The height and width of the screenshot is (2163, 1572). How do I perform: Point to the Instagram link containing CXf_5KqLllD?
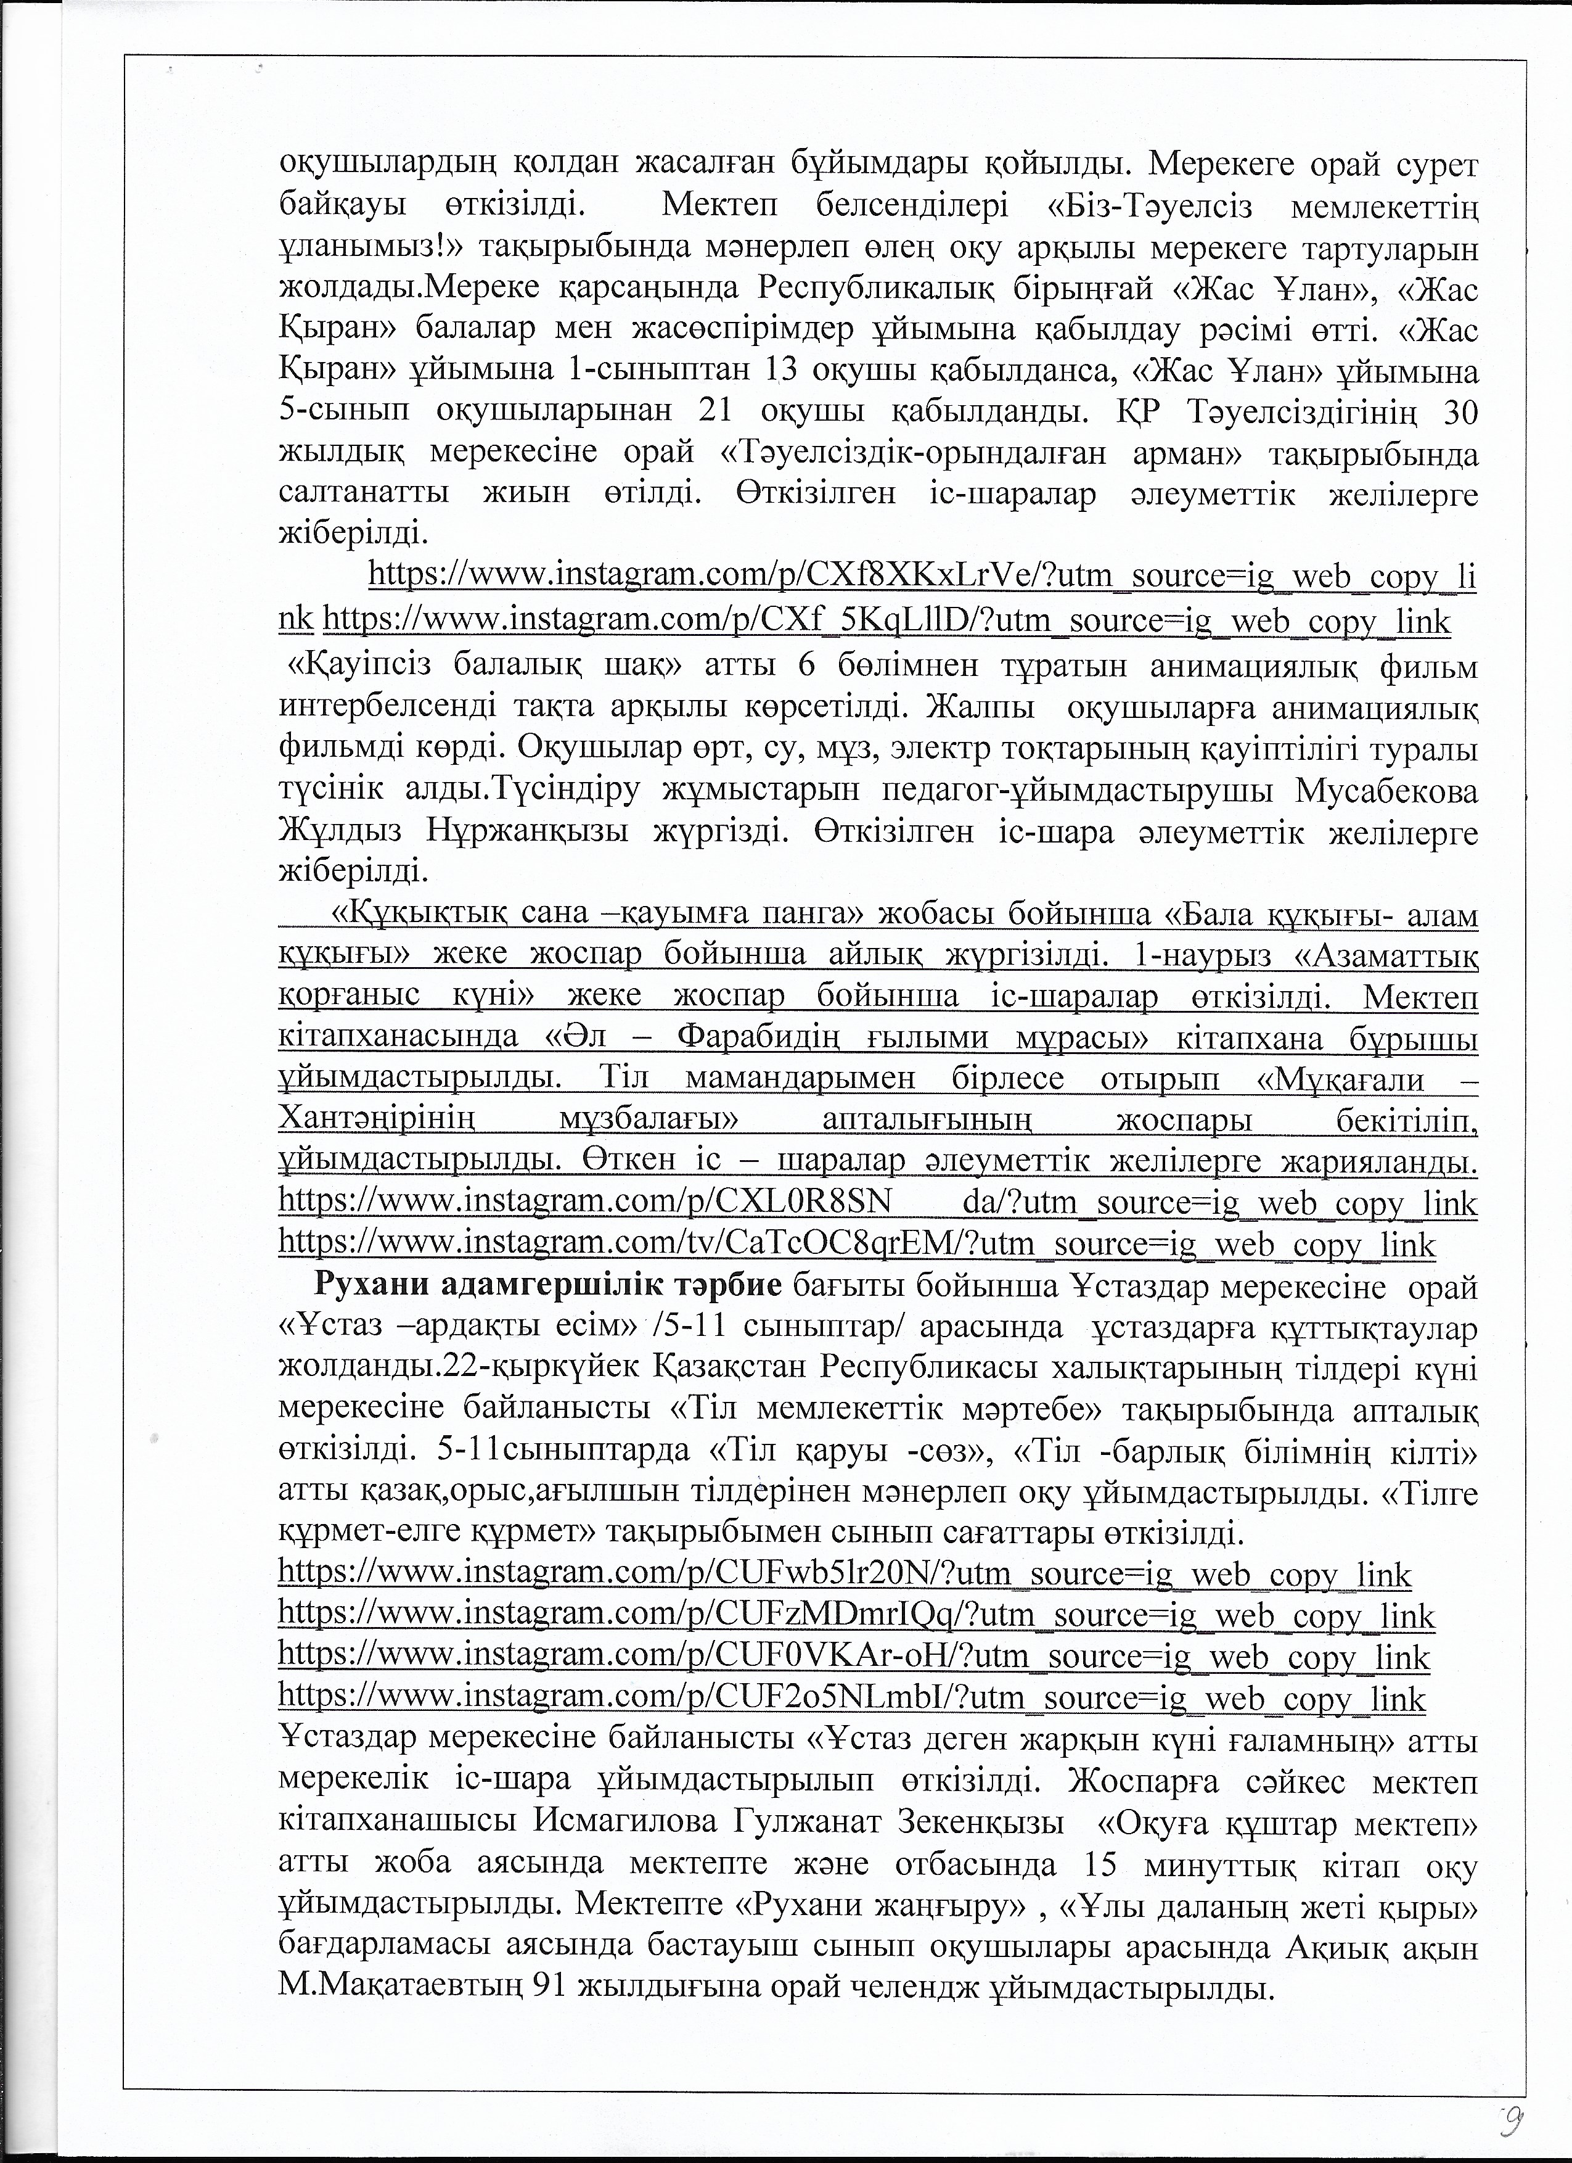pos(886,621)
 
